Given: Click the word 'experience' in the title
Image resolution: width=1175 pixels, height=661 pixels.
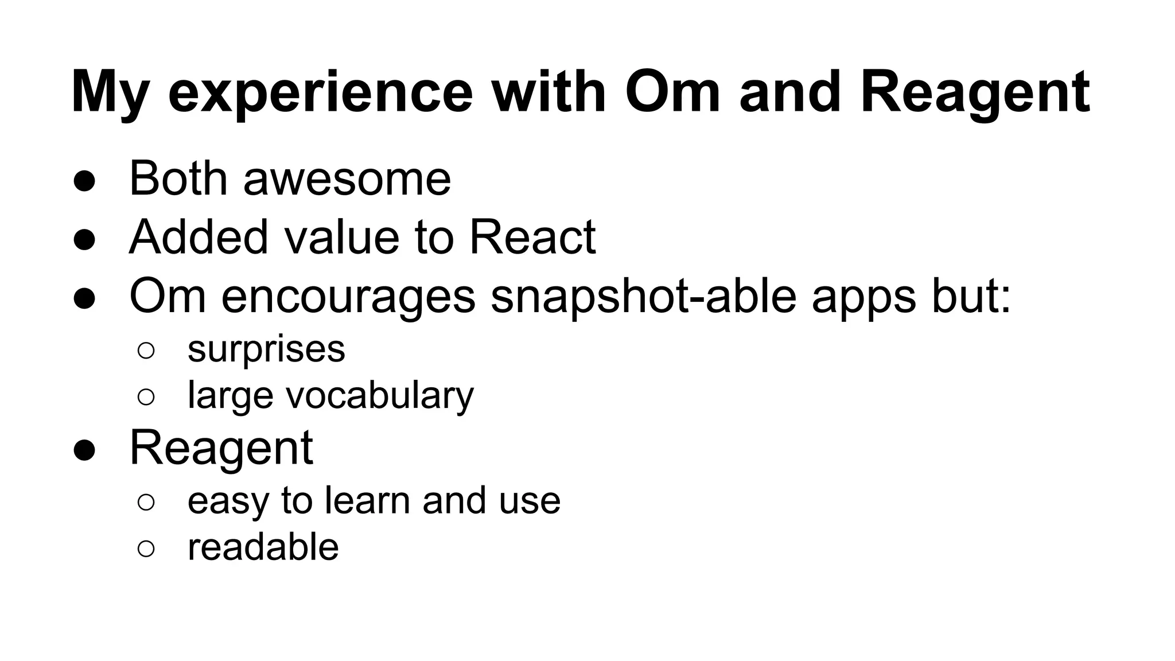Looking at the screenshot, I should coord(320,93).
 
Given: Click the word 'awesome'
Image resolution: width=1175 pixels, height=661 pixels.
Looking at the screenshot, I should coord(347,179).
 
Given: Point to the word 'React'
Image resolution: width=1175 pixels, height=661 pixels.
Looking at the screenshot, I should coord(532,238).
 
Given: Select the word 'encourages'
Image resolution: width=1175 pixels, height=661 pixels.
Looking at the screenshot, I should coord(348,297).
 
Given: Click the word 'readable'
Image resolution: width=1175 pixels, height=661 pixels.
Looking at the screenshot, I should coord(263,547).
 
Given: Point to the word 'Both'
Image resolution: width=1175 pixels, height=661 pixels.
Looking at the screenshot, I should coord(178,179).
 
